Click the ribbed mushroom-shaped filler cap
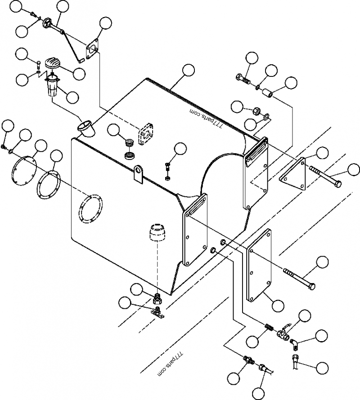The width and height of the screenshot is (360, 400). coord(53,63)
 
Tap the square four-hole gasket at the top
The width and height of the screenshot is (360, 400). coord(93,48)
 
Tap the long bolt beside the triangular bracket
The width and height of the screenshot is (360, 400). coord(325,176)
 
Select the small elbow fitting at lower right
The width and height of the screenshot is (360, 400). coord(294,344)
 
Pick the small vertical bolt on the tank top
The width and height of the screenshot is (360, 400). coord(167,170)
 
